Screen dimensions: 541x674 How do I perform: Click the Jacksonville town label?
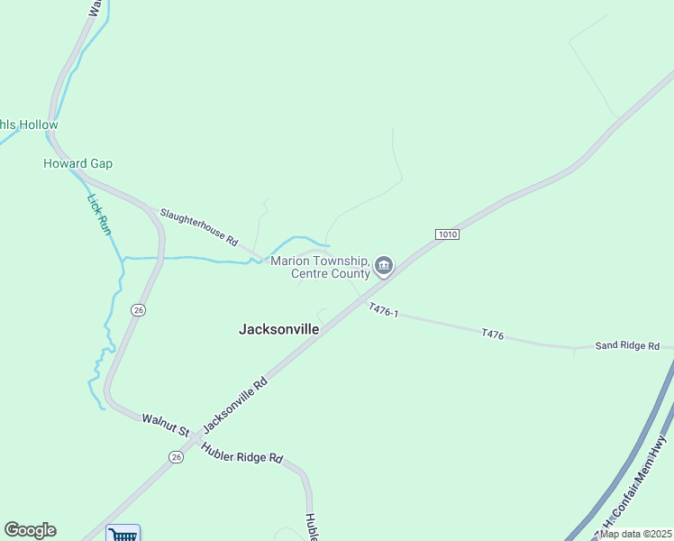pos(278,329)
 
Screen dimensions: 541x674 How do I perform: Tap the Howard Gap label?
pos(77,163)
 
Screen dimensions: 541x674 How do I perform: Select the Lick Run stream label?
pos(99,215)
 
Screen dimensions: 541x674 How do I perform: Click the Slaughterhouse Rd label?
pos(198,228)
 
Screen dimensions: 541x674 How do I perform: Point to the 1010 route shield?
pos(448,234)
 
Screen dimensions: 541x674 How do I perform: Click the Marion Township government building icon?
pos(384,266)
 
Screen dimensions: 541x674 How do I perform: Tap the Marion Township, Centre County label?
pos(321,267)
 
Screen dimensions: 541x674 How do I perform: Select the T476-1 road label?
pos(383,311)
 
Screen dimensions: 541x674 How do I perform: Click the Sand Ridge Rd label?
pos(627,345)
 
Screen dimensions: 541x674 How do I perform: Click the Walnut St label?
pos(161,423)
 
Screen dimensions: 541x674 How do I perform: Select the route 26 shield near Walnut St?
pos(176,457)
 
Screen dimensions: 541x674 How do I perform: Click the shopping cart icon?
pos(123,534)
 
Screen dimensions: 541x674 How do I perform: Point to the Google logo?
pos(30,530)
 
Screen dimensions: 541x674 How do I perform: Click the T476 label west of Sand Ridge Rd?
pos(492,334)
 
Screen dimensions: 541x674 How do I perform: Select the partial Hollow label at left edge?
pos(29,124)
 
